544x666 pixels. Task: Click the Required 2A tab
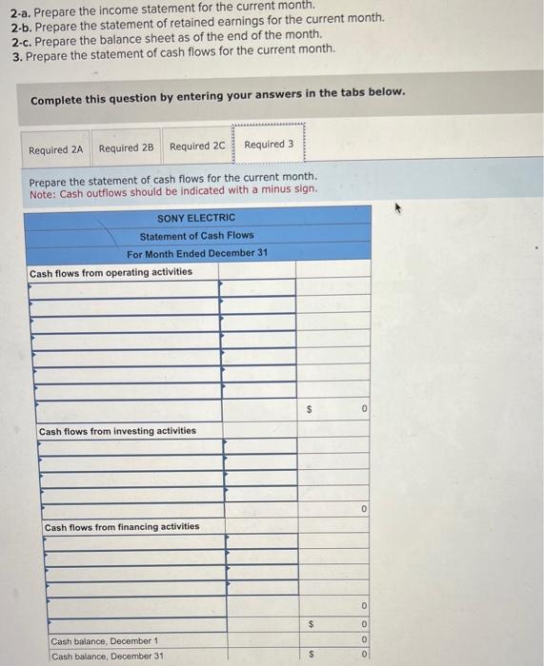56,149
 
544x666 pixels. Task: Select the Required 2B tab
126,148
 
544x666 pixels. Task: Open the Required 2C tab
197,147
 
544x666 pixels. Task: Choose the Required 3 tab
269,145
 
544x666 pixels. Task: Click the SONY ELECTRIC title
196,218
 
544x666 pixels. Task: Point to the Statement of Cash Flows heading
196,236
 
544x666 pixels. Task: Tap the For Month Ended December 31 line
196,253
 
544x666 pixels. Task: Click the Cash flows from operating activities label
111,272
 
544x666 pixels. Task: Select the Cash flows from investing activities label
117,431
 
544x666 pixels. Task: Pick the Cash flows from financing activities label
122,526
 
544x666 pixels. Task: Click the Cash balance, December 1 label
105,641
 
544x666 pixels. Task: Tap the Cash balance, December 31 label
108,656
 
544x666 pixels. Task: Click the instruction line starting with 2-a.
162,6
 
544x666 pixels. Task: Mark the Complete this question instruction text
217,93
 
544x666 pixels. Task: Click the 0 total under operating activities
365,409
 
